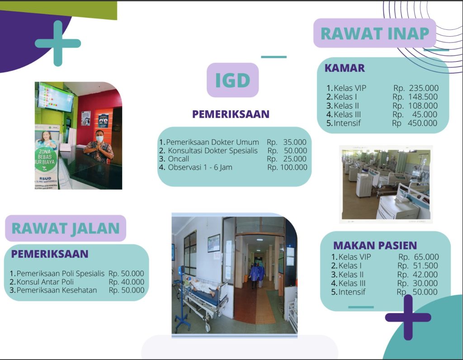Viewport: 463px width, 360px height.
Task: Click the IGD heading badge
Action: tap(233, 80)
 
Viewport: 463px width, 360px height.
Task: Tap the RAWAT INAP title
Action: tap(375, 33)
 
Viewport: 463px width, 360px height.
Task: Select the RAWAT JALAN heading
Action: tap(66, 228)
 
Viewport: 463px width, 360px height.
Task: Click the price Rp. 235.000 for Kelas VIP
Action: tap(416, 88)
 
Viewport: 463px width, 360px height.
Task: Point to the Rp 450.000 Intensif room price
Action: tap(415, 123)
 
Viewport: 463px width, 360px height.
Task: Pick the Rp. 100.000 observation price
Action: tap(287, 167)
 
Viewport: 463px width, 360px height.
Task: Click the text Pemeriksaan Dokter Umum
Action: tap(213, 142)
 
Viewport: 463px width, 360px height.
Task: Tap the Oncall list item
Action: tap(178, 159)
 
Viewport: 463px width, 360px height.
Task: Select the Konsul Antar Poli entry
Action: tap(45, 282)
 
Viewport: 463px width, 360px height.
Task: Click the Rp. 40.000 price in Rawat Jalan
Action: tap(127, 282)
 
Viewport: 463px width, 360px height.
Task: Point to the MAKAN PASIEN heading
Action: tap(375, 246)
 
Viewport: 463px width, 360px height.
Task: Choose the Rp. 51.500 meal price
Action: tap(418, 266)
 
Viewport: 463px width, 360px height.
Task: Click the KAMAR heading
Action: tap(345, 68)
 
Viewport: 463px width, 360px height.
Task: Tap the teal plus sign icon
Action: tap(58, 43)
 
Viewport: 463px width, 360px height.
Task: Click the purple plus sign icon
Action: tap(408, 317)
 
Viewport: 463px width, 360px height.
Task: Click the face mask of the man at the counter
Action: tap(100, 139)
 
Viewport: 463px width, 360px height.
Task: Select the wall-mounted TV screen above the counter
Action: tap(56, 97)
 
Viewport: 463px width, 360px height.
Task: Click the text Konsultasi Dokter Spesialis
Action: tap(213, 151)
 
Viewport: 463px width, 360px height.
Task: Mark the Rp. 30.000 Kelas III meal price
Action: tap(417, 283)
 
